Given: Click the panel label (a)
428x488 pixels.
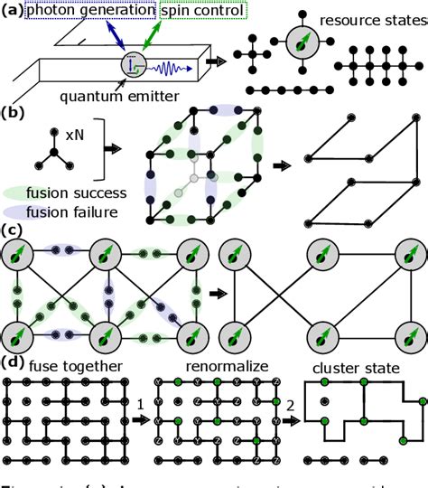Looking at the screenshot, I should [x=14, y=9].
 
